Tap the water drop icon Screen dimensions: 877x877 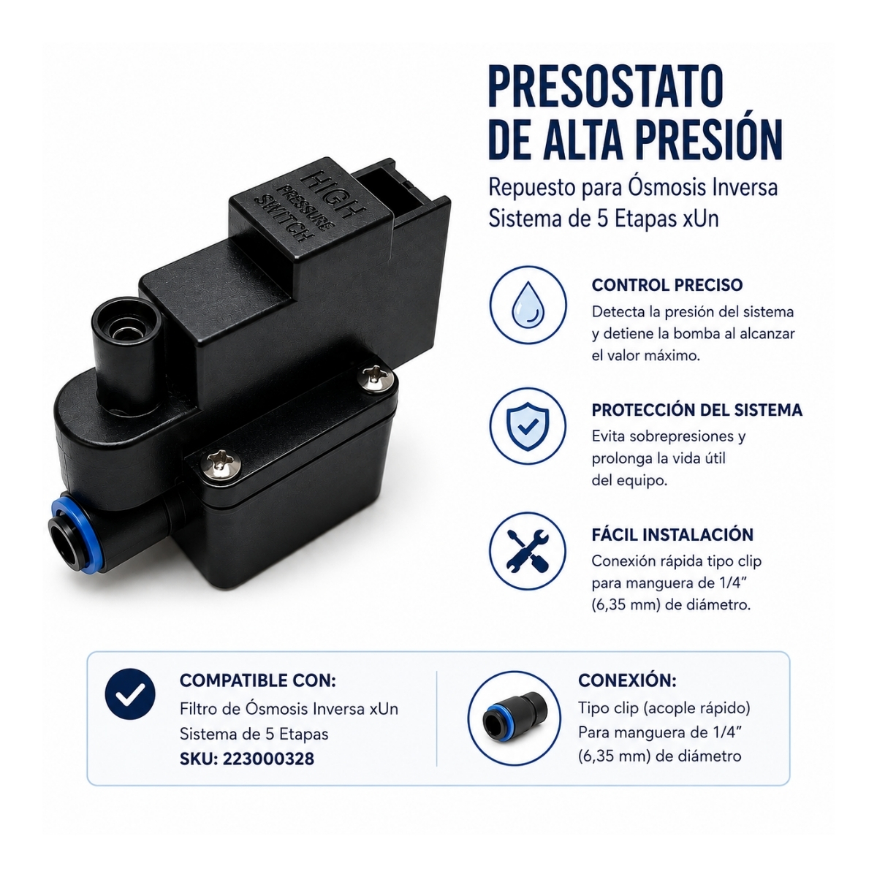tap(528, 304)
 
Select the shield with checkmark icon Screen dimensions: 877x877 tap(528, 426)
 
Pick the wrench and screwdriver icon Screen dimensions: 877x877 tap(528, 551)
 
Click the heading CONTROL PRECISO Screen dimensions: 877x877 tap(667, 285)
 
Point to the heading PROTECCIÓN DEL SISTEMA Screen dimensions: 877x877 tap(696, 409)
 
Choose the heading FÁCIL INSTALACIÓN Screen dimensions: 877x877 tap(672, 534)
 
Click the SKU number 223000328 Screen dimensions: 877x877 tap(268, 759)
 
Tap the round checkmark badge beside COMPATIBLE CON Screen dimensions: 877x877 tap(130, 694)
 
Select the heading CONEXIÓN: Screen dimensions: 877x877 tap(627, 680)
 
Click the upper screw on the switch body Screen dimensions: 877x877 tap(376, 377)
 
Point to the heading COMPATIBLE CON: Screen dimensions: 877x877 tap(257, 680)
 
